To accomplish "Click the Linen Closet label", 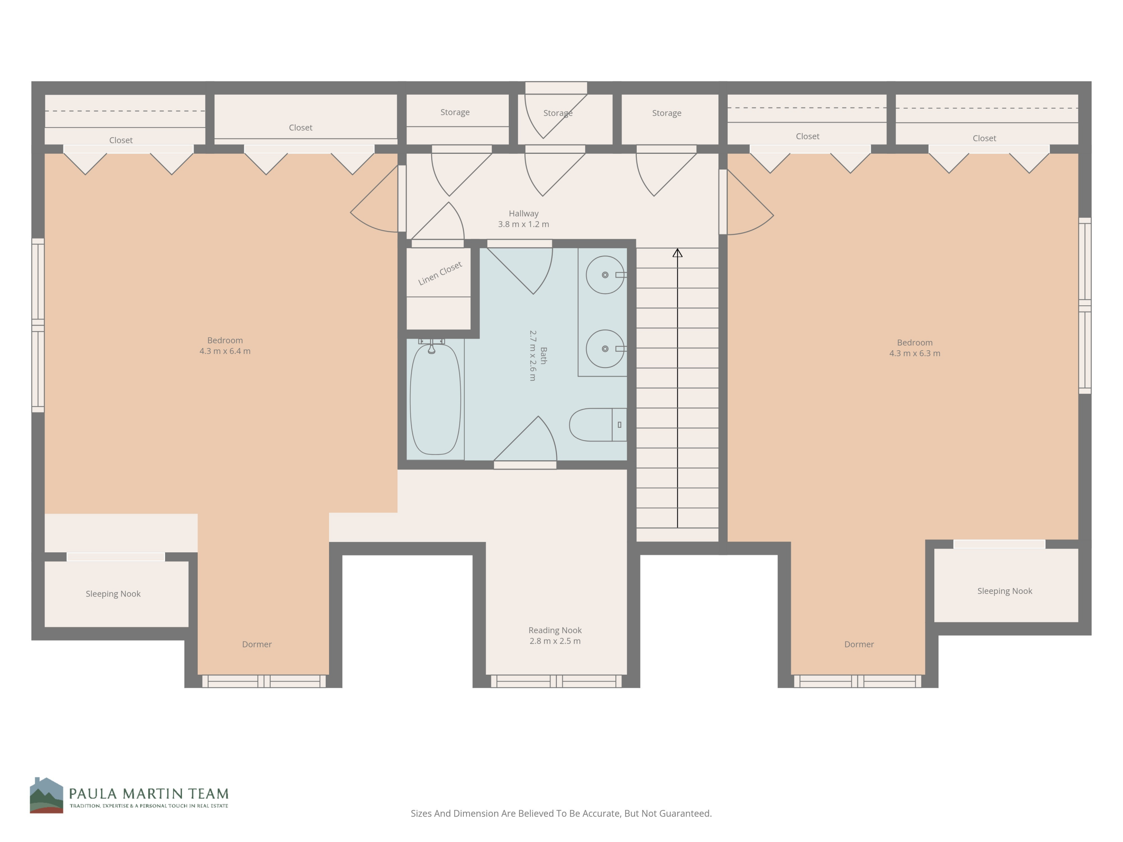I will click(x=440, y=273).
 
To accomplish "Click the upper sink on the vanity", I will click(x=605, y=275).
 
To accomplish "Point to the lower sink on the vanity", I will click(x=605, y=349).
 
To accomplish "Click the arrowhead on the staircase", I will click(x=677, y=253).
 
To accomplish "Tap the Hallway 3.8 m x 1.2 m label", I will click(x=523, y=219).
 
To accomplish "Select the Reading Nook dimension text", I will click(x=555, y=641).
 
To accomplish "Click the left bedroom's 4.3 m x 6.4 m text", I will click(x=225, y=351).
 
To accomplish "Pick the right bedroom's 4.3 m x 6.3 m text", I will click(x=914, y=353).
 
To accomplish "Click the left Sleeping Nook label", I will click(x=113, y=594).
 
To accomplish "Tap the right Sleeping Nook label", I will click(x=1004, y=591).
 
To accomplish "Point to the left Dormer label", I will click(x=256, y=644).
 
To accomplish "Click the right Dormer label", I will click(x=858, y=644).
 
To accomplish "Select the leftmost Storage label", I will click(x=454, y=112).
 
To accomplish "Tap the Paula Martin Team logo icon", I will click(x=46, y=795).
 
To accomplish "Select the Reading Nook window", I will click(x=556, y=681).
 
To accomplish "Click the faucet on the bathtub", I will click(x=432, y=348).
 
